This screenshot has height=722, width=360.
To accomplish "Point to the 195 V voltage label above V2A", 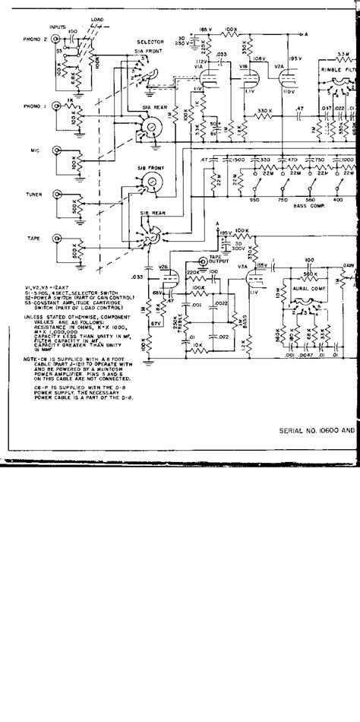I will pyautogui.click(x=293, y=59).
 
